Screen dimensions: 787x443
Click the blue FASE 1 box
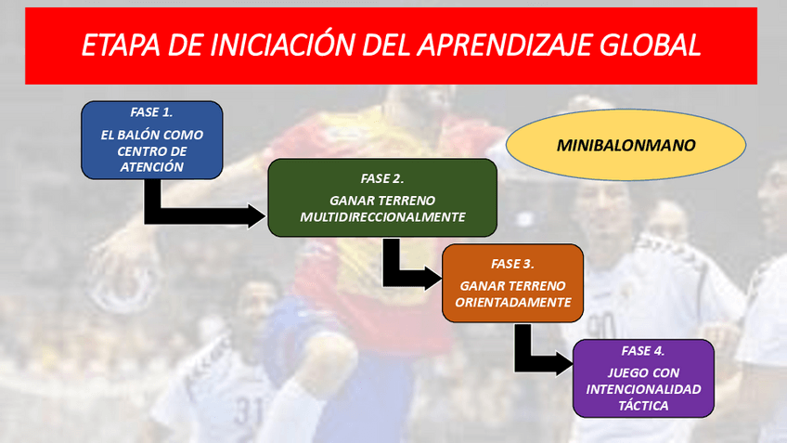(x=151, y=140)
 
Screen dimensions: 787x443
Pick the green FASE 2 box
(x=382, y=197)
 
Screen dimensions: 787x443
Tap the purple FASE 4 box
(x=643, y=378)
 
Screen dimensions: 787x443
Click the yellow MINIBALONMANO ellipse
(x=626, y=146)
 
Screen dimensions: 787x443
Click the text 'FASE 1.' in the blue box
(x=151, y=112)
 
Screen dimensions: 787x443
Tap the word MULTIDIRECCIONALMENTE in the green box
(x=382, y=216)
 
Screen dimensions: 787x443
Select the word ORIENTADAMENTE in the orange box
(x=513, y=303)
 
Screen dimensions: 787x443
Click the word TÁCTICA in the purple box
(x=643, y=406)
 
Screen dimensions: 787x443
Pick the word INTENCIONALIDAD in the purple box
(x=643, y=389)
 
